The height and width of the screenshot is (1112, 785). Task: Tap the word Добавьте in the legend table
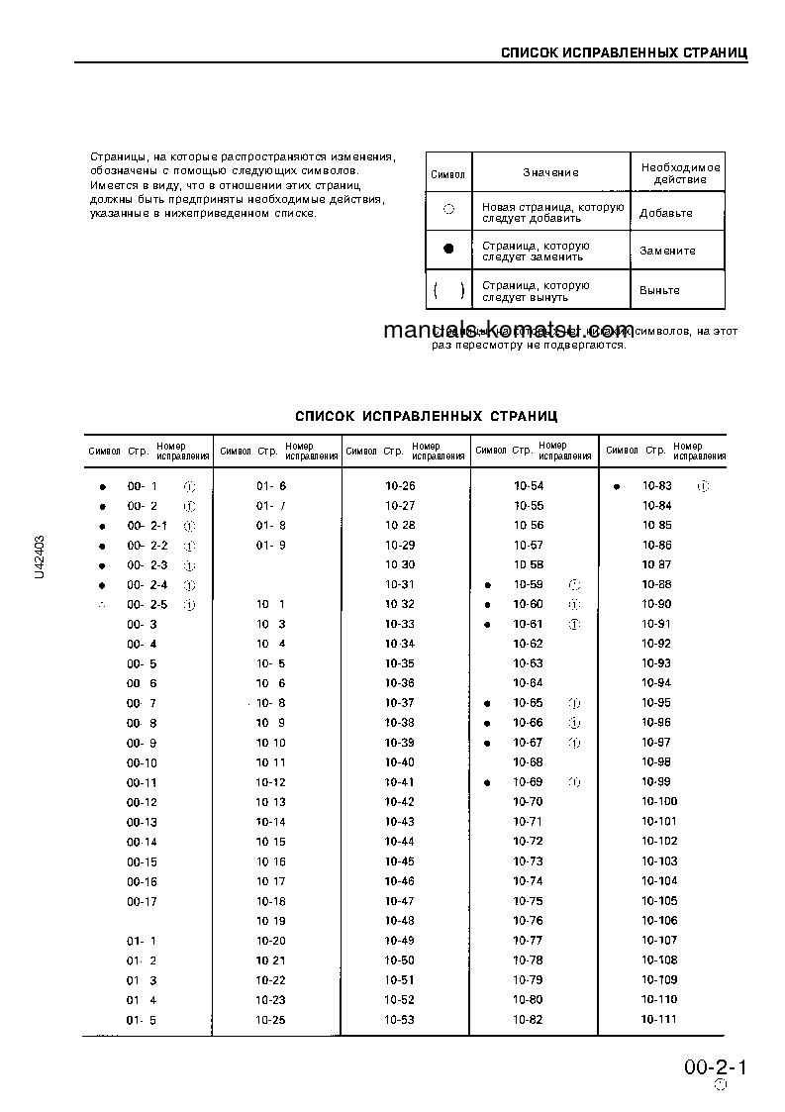[x=665, y=213]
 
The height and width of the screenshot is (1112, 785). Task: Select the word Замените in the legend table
[x=667, y=252]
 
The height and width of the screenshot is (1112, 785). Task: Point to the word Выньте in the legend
[x=659, y=290]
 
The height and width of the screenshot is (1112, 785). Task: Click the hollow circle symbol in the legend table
[x=448, y=210]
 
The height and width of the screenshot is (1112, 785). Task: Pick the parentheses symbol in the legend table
[x=448, y=290]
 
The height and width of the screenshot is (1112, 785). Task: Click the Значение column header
[x=550, y=172]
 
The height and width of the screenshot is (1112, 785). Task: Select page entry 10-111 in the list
[x=658, y=1020]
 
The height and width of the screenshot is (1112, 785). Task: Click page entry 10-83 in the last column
[x=656, y=486]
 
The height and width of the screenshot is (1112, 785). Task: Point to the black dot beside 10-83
[x=617, y=487]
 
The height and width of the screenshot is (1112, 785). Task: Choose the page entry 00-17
[x=142, y=901]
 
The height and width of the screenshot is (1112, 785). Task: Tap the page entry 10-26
[x=400, y=486]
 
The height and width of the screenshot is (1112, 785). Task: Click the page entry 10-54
[x=529, y=486]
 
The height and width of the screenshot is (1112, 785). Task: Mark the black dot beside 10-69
[x=488, y=783]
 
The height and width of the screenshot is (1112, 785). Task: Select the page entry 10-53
[x=400, y=1020]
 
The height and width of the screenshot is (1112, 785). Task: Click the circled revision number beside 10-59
[x=574, y=585]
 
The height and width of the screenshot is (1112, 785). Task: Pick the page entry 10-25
[x=270, y=1020]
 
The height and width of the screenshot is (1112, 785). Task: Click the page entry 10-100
[x=659, y=802]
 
